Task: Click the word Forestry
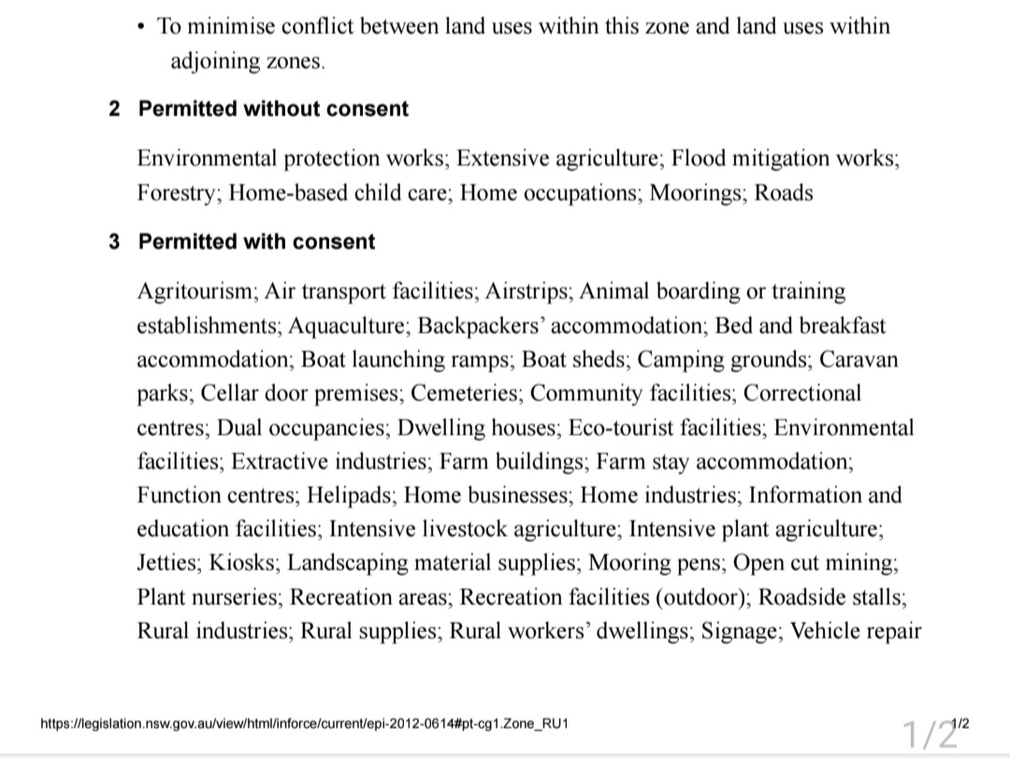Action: (178, 194)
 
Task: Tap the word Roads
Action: (784, 194)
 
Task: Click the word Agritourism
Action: (195, 292)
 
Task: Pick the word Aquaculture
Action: (348, 327)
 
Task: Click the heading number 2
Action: (114, 109)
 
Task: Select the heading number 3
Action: (114, 242)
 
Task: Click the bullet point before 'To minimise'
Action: (140, 27)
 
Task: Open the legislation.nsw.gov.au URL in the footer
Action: (304, 724)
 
